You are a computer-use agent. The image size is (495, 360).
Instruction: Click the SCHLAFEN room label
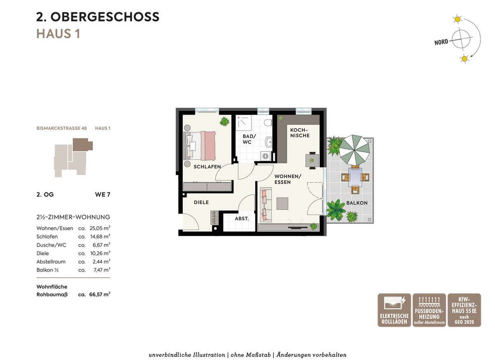207,167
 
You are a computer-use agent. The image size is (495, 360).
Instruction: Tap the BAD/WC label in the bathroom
249,139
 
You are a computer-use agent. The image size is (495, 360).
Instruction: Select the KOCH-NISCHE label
299,133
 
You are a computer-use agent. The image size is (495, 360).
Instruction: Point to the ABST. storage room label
242,219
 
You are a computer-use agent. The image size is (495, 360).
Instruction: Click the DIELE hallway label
201,202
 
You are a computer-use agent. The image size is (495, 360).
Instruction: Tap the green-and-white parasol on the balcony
354,150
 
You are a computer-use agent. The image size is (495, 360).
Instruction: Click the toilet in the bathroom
268,122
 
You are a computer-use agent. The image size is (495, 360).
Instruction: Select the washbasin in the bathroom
269,142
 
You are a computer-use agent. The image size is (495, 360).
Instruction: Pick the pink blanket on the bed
208,146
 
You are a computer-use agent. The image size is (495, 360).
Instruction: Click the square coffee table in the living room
282,203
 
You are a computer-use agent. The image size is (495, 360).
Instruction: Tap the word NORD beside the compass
441,42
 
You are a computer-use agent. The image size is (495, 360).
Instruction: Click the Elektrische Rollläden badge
394,310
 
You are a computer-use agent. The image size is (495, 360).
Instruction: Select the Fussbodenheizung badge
429,310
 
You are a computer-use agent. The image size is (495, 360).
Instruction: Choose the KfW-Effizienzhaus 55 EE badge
464,310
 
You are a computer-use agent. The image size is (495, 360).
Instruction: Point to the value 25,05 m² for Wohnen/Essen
100,228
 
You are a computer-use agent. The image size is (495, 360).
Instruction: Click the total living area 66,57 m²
100,294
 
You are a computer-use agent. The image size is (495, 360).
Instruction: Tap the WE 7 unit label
103,195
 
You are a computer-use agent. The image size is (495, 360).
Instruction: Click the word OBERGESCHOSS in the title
105,17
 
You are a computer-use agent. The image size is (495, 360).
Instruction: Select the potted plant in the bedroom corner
224,121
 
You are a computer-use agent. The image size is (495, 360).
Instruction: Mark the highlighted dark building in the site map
82,145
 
